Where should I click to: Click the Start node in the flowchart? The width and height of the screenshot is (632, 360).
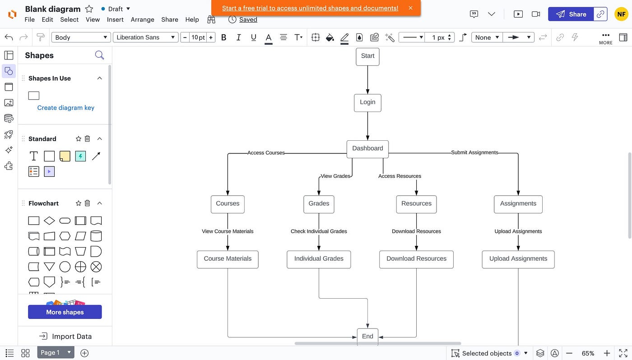(x=367, y=56)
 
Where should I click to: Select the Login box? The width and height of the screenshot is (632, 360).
(x=367, y=102)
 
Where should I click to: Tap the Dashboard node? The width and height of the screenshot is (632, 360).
(x=367, y=148)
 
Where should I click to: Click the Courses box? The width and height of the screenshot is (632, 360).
(x=228, y=204)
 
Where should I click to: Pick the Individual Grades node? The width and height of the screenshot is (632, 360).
(x=319, y=259)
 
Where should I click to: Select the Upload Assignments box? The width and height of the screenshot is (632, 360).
(x=518, y=259)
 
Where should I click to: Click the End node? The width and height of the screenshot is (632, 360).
(x=367, y=337)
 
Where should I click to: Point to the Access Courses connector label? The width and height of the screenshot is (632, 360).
(x=266, y=153)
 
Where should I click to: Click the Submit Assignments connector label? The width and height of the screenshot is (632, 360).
(x=474, y=152)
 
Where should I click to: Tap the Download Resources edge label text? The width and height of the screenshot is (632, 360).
(x=416, y=231)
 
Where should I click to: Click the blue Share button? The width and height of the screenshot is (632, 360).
(x=571, y=14)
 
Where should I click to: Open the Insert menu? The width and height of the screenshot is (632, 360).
(x=115, y=19)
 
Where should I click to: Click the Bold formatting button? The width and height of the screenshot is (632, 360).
(x=223, y=37)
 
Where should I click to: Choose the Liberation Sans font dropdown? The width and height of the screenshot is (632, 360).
(x=145, y=37)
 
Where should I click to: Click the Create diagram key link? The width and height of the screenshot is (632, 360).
(x=65, y=108)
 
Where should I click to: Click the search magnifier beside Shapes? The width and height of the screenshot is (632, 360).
(x=99, y=55)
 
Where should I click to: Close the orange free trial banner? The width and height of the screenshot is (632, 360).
(x=410, y=8)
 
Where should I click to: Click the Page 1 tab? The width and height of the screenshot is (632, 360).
(x=50, y=353)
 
